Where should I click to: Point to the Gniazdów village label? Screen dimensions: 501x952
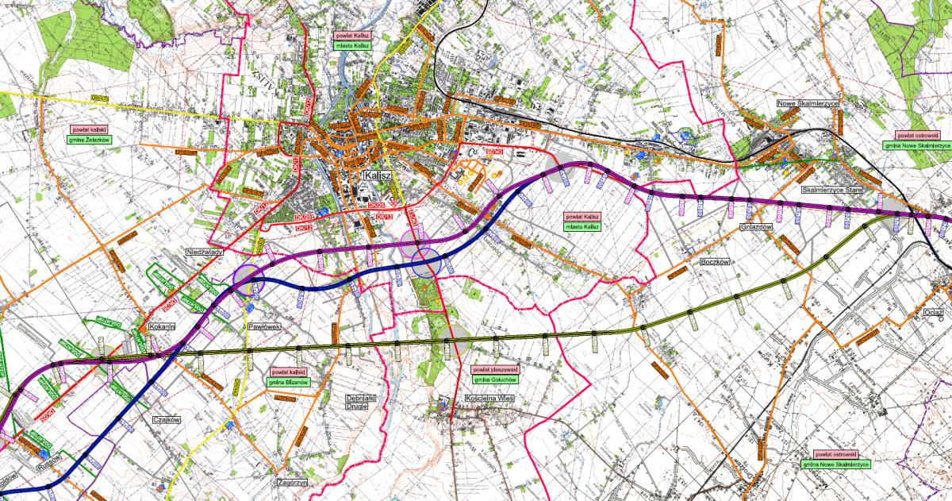(754, 226)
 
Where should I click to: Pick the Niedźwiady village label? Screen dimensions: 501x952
(203, 252)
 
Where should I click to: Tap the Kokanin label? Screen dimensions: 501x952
(161, 326)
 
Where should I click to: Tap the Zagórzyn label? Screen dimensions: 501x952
(292, 482)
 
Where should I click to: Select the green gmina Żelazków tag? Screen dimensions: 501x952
(89, 139)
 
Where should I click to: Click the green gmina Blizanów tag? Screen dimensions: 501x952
(288, 382)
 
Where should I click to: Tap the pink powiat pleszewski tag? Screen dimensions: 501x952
(494, 370)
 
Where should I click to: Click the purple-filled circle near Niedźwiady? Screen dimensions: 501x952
(248, 279)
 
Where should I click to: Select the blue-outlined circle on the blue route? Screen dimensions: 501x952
(426, 263)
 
